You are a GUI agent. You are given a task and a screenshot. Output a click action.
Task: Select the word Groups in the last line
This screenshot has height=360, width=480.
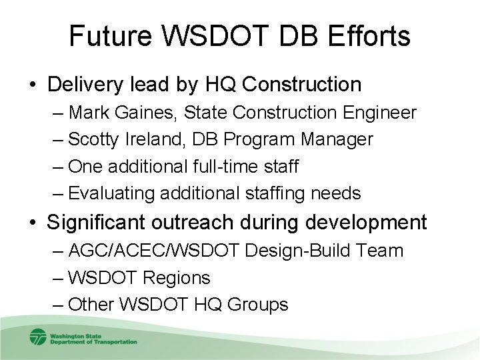coord(259,305)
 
